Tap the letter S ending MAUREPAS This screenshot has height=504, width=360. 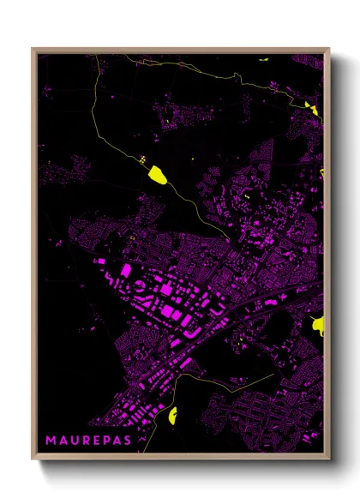click(x=127, y=440)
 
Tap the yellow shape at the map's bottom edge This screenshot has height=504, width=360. click(x=172, y=417)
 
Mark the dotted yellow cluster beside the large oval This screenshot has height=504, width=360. click(x=141, y=159)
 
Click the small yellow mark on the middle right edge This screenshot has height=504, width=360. click(x=321, y=171)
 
